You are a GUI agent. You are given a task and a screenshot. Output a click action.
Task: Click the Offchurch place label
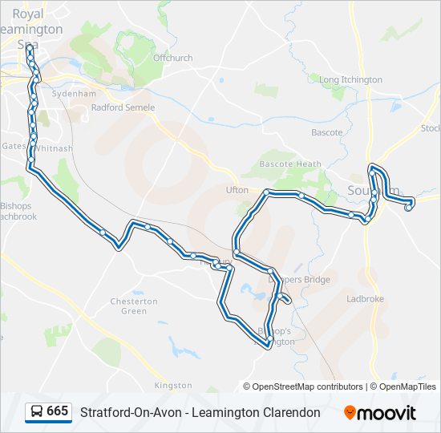coord(172,58)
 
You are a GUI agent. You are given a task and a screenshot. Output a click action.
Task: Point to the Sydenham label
coord(68,93)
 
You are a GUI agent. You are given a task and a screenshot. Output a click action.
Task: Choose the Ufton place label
coord(237,190)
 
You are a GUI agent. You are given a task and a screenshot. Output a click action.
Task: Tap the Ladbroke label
coord(365,299)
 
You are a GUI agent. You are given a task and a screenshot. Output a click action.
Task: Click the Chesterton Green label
coord(134,306)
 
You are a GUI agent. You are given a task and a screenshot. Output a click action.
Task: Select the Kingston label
coord(173,386)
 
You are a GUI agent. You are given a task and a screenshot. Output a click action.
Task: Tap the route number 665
coord(57,412)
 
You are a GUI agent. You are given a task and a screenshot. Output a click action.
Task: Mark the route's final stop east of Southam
coord(409,208)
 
